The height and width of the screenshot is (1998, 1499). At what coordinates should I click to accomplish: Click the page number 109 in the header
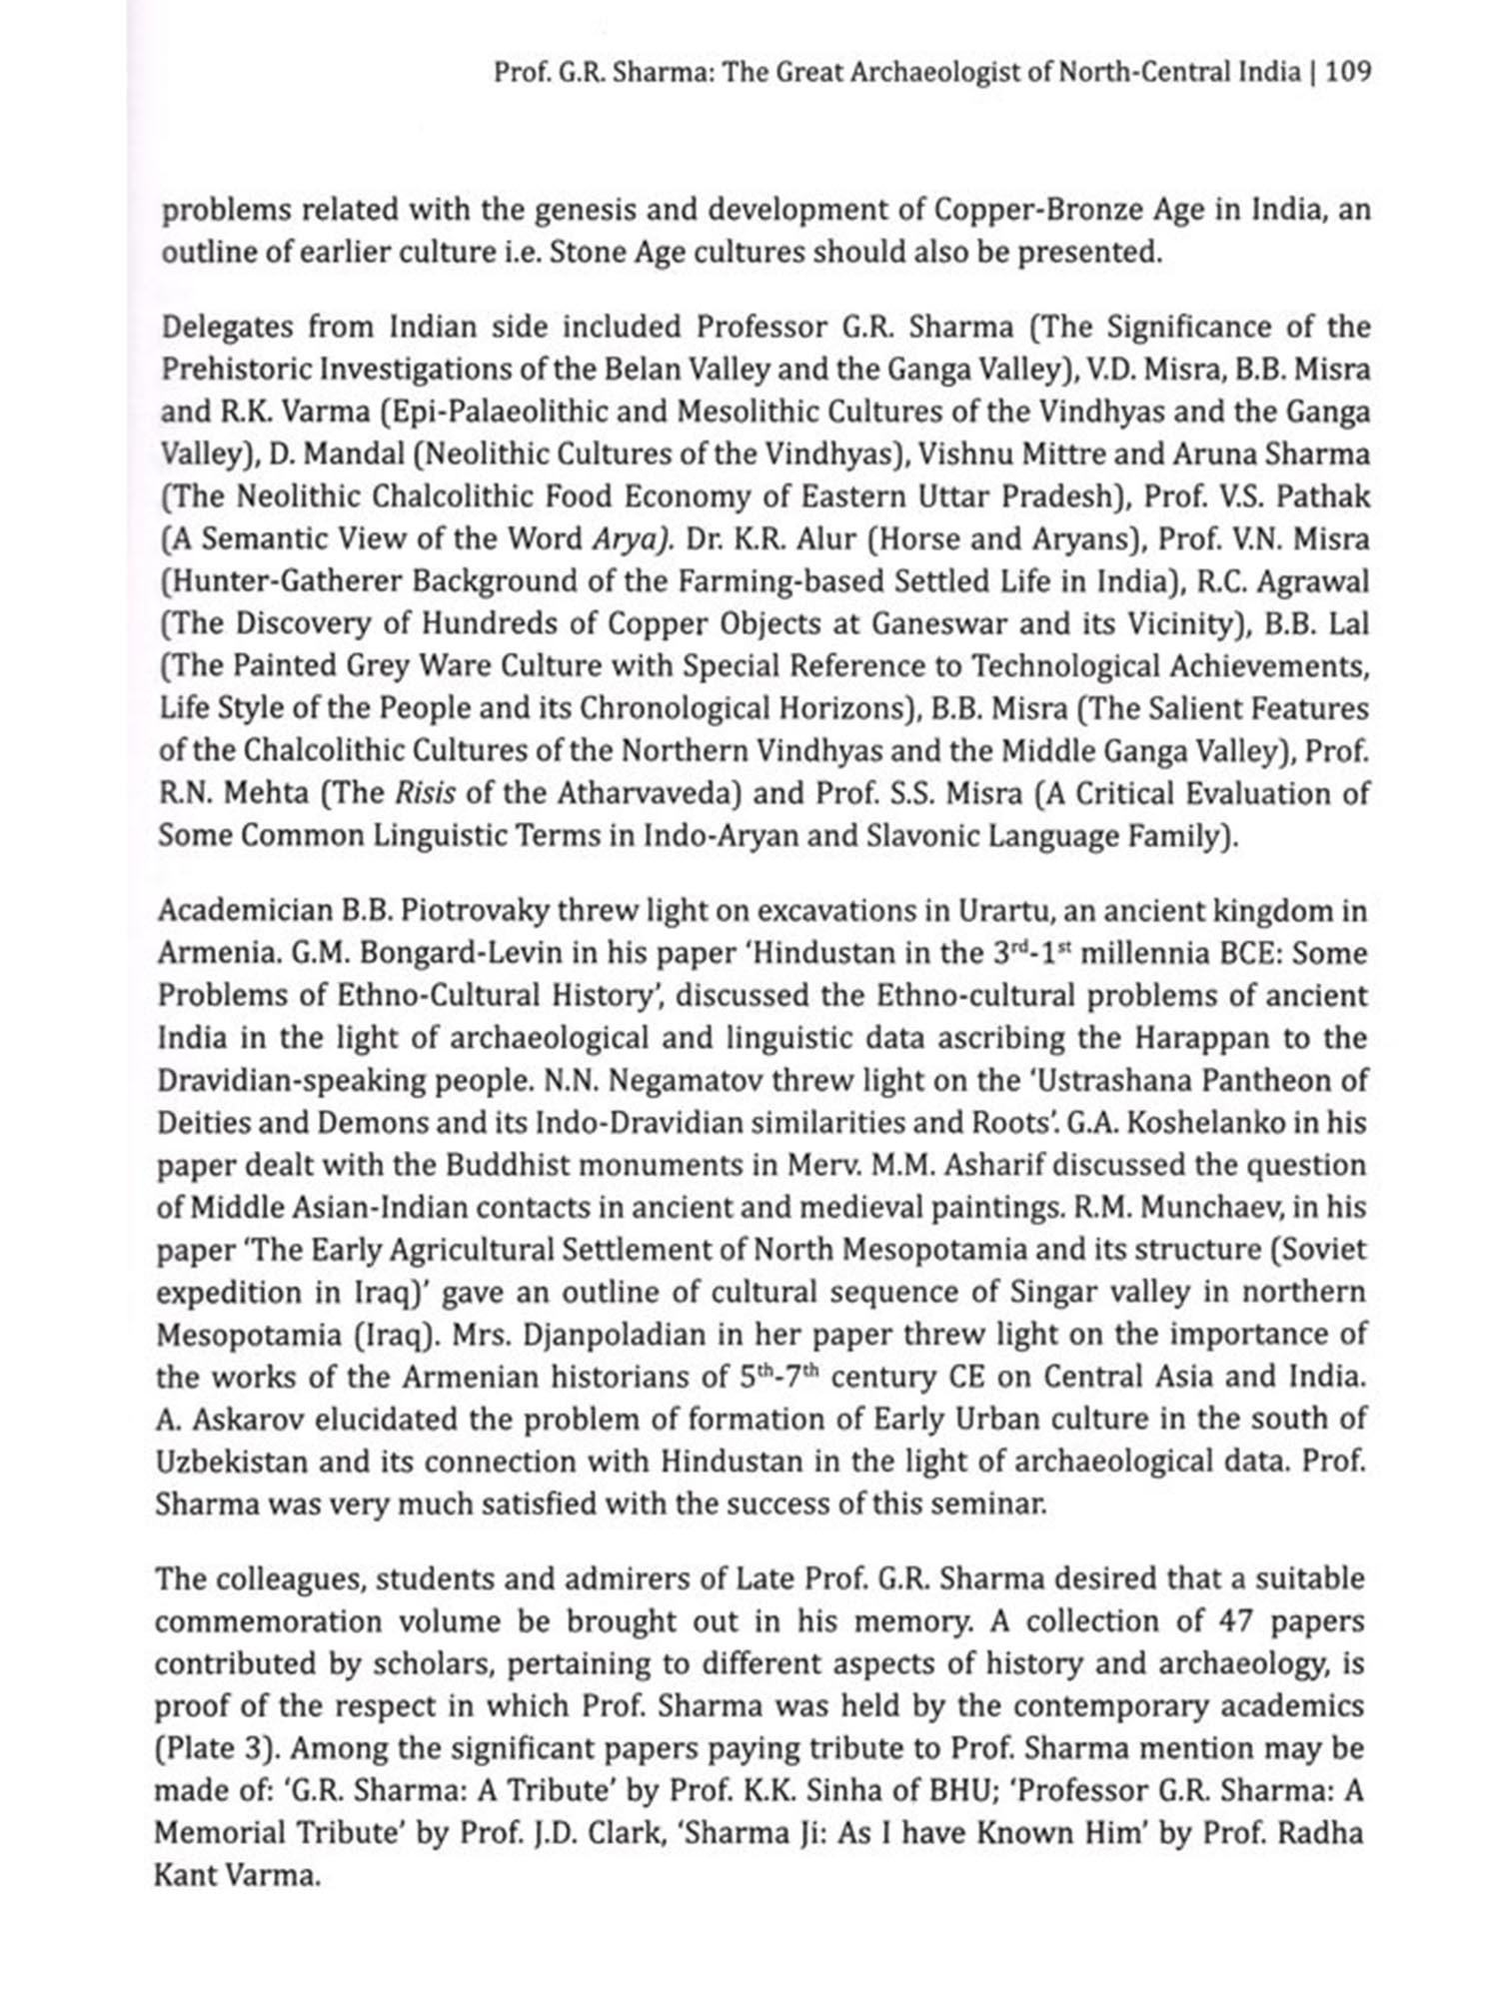1348,73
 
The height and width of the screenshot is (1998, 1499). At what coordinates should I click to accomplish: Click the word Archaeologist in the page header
936,73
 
